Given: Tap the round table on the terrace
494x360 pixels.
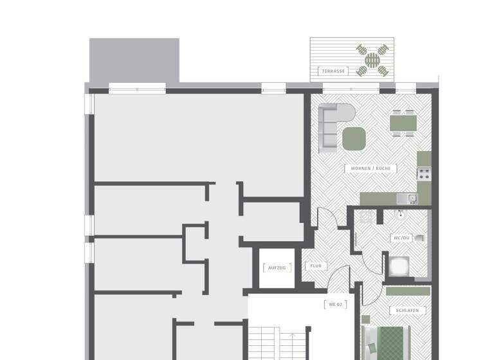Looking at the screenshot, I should pyautogui.click(x=373, y=60).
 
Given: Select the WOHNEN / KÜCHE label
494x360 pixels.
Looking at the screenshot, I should pyautogui.click(x=370, y=168).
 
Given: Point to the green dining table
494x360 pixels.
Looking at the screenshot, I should pyautogui.click(x=403, y=122).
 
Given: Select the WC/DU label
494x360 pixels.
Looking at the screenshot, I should pyautogui.click(x=401, y=238).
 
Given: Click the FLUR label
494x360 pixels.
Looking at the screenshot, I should pyautogui.click(x=316, y=265).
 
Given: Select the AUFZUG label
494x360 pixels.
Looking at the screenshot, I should pyautogui.click(x=276, y=267).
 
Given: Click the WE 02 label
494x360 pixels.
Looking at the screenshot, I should pyautogui.click(x=334, y=304).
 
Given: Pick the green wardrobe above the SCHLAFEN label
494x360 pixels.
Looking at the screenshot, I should pyautogui.click(x=408, y=291).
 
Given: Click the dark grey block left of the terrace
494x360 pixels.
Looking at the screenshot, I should pyautogui.click(x=134, y=60).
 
